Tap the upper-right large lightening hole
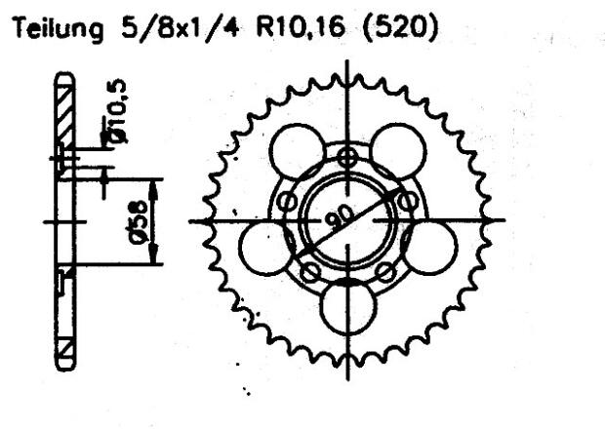398,153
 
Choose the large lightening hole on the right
429,246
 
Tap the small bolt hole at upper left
287,202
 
